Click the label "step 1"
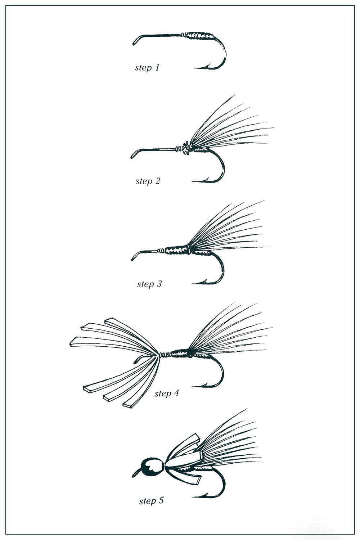tap(147, 68)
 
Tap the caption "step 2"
tap(148, 181)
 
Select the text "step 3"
tap(149, 284)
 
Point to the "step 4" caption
tap(167, 393)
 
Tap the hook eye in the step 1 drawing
tap(135, 41)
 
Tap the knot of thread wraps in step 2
tap(186, 148)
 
